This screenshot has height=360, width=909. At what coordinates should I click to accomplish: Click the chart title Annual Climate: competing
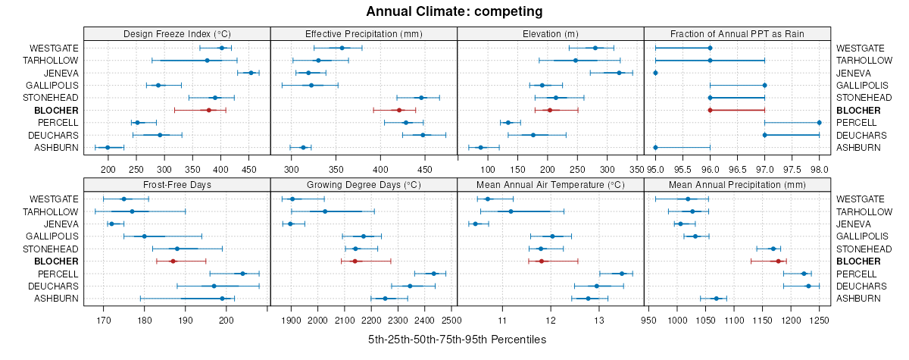point(454,11)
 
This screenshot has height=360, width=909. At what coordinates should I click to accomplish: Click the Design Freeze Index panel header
point(176,33)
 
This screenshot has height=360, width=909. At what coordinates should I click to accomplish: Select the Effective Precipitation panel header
point(364,33)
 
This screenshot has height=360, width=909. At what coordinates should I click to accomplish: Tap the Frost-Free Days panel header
point(176,185)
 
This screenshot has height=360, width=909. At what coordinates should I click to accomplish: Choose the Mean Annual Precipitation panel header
point(737,185)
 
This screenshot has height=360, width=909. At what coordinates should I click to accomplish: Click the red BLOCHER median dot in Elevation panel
point(550,111)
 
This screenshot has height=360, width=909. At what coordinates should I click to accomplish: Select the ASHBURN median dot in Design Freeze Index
point(108,148)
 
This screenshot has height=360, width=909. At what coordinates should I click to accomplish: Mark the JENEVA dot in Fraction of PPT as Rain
point(655,73)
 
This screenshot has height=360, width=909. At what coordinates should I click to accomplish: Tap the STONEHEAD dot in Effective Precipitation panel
point(422,98)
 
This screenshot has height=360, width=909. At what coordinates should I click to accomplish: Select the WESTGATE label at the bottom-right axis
point(859,199)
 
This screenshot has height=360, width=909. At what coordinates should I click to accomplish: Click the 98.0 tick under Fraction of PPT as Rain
point(819,169)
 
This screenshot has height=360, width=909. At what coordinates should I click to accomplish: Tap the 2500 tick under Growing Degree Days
point(451,321)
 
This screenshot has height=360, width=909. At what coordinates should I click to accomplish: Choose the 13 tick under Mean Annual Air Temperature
point(598,321)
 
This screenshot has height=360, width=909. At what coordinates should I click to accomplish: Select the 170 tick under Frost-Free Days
point(103,321)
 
